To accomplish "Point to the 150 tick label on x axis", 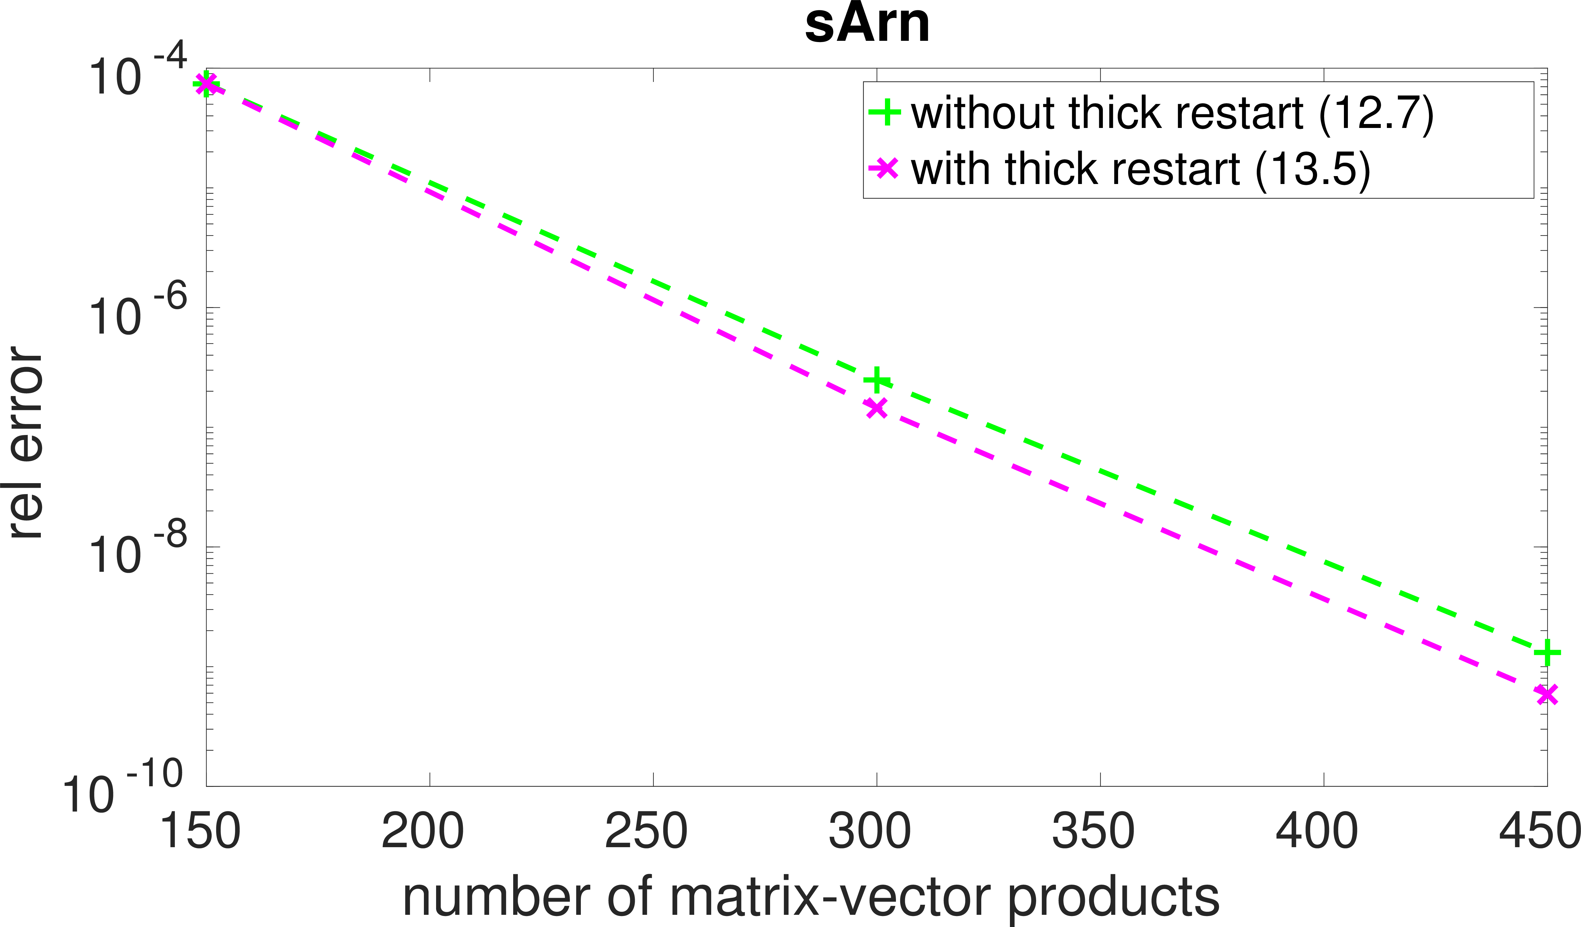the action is [200, 831].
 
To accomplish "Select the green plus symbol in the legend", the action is [885, 113].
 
